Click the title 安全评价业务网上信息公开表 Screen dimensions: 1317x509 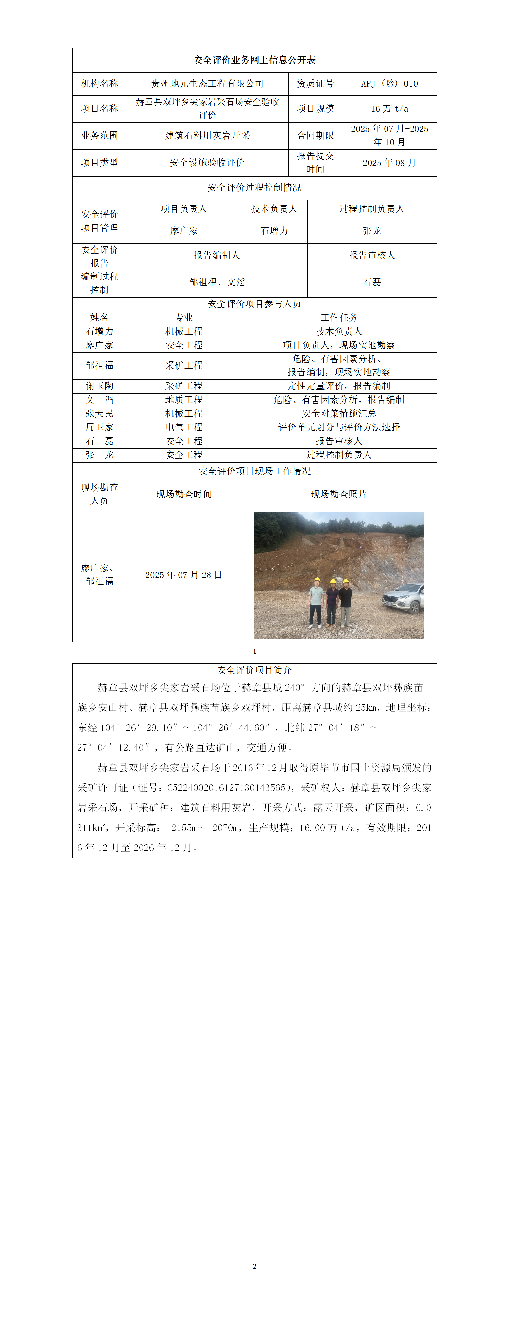(255, 60)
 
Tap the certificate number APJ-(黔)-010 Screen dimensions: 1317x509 (389, 83)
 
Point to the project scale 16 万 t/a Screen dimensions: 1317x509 (389, 108)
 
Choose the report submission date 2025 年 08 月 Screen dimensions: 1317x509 (389, 163)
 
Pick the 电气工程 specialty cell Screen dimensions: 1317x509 (184, 428)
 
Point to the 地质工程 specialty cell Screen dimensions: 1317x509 (184, 400)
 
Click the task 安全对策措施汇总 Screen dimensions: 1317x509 (339, 414)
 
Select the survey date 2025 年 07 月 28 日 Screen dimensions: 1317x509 (184, 575)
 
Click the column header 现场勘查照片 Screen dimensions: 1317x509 (339, 494)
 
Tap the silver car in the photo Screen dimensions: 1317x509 (404, 597)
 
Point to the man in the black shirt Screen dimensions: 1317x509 (346, 603)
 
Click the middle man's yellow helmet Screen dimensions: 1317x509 (333, 581)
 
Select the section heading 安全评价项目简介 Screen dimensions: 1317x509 (255, 670)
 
